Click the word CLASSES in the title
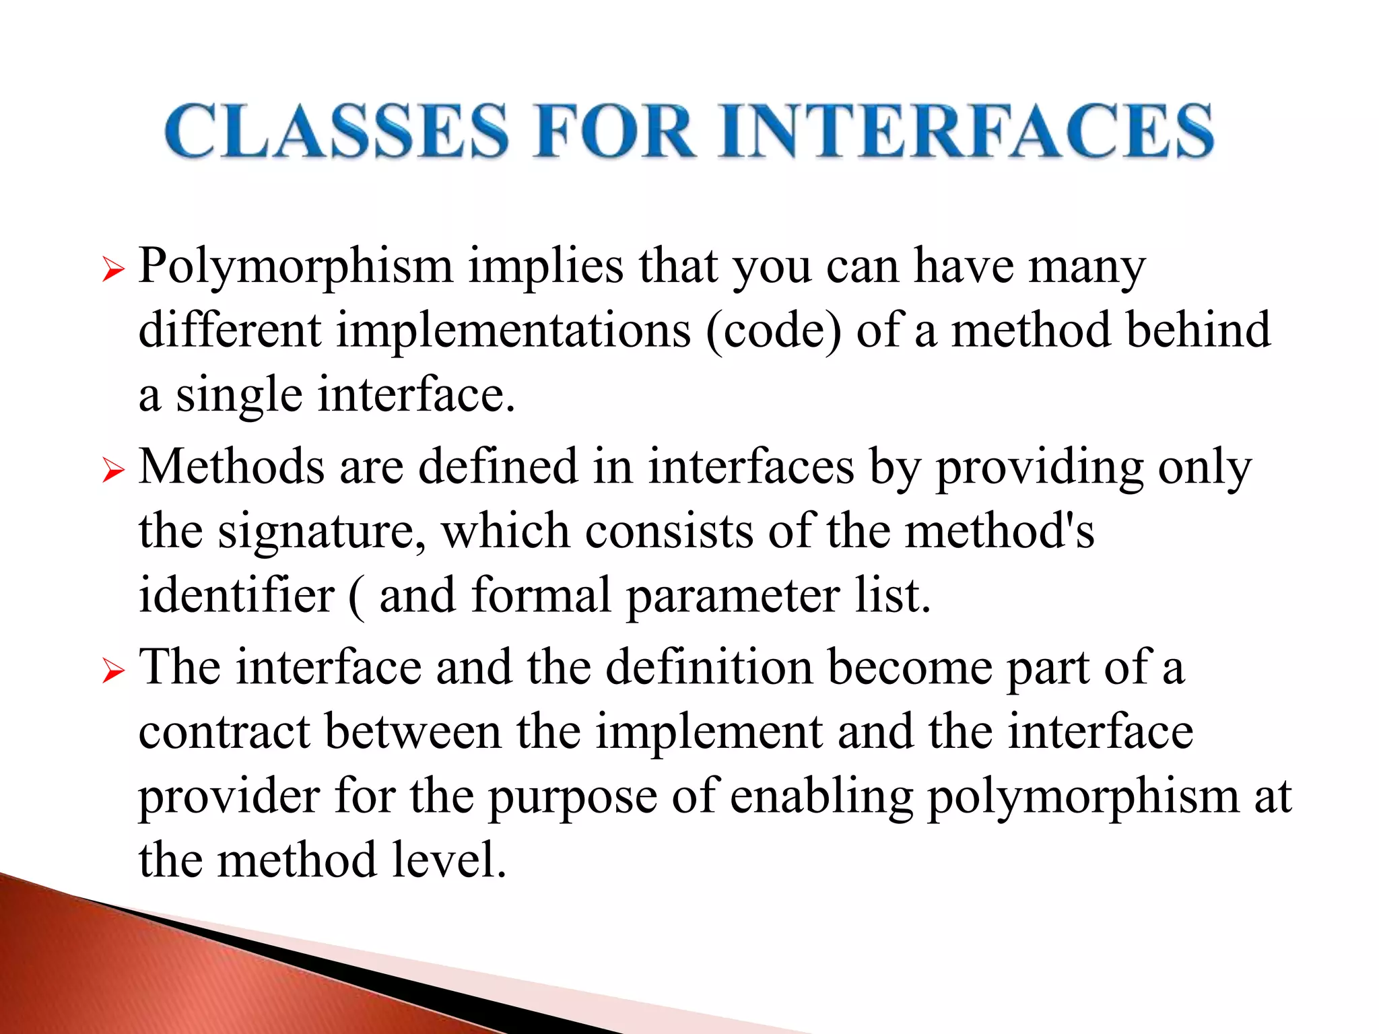point(337,131)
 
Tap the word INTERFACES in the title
point(966,131)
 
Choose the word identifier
point(236,596)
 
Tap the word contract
point(224,732)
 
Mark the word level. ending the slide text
point(449,861)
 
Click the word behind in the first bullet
point(1198,331)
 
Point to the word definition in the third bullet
point(709,668)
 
